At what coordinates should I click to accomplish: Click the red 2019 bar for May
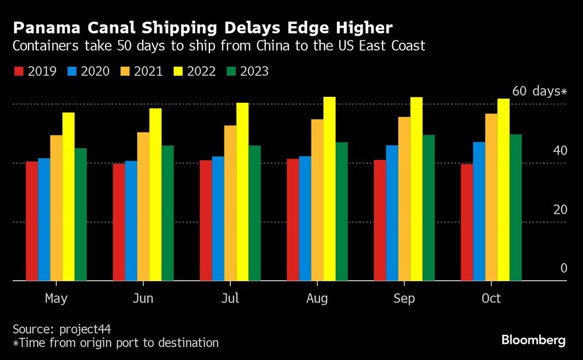point(31,221)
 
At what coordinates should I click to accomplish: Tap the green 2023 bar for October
point(515,208)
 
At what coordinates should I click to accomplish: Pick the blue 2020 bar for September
point(392,213)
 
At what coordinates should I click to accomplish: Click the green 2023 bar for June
point(167,213)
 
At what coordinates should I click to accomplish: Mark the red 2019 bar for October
point(466,222)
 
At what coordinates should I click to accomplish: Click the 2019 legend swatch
point(18,72)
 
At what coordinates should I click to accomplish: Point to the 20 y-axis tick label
point(560,209)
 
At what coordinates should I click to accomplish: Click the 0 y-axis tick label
point(564,268)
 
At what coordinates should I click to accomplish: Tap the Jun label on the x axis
point(143,299)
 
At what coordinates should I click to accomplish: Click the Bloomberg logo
point(533,341)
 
